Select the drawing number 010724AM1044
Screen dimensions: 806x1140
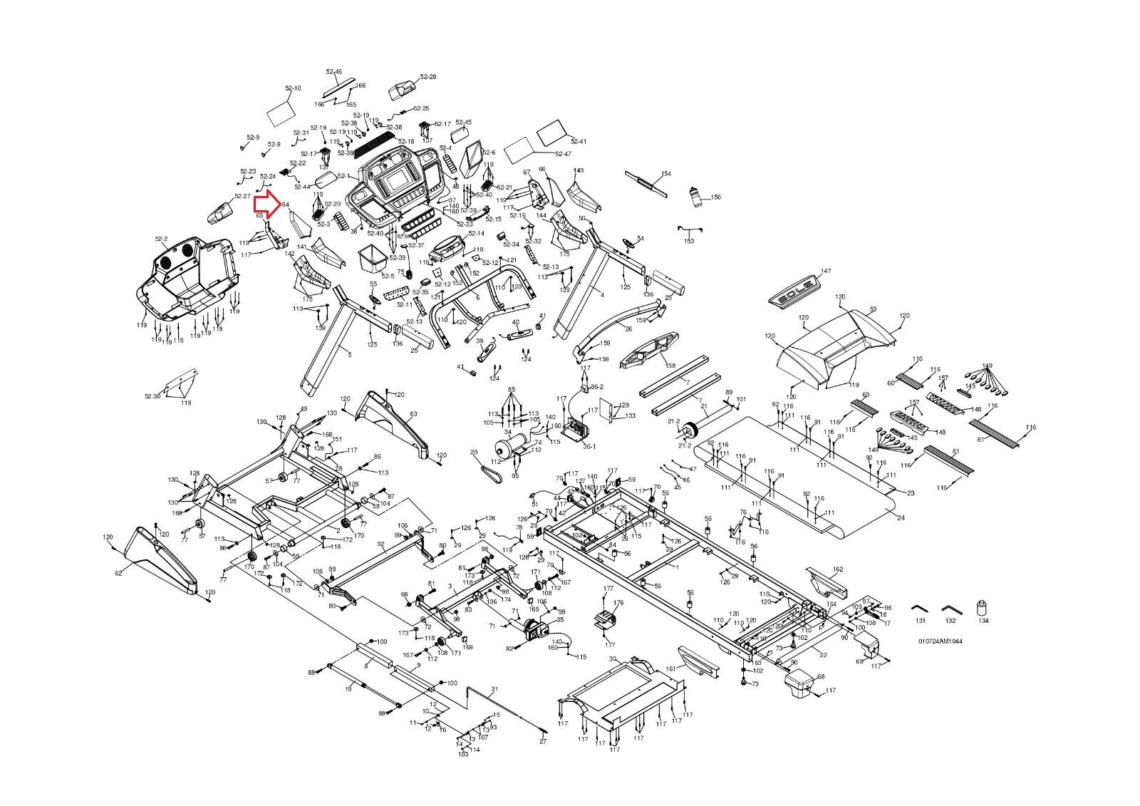[x=940, y=641]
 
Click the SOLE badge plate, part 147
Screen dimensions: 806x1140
[x=796, y=285]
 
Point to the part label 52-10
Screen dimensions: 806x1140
[x=293, y=88]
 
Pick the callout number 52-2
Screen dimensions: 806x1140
[x=160, y=239]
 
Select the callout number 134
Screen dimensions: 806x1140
[x=983, y=621]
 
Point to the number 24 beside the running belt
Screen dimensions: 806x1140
[x=901, y=518]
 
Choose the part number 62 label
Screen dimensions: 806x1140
[x=119, y=572]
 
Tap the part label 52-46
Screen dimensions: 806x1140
[x=333, y=72]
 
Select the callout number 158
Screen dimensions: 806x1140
[x=670, y=366]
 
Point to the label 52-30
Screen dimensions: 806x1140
[x=152, y=396]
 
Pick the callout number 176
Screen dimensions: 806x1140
[x=618, y=603]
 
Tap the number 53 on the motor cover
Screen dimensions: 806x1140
[x=873, y=310]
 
